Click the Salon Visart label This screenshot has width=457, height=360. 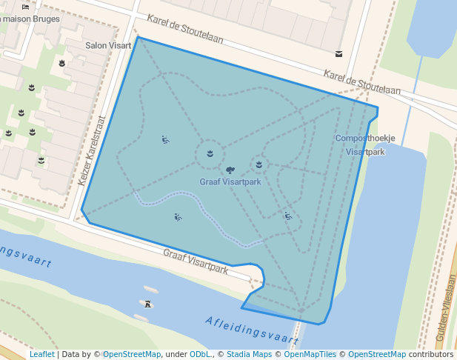click(x=107, y=45)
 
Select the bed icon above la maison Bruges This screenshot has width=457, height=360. click(x=27, y=6)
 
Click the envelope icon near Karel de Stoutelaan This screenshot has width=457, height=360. click(x=338, y=54)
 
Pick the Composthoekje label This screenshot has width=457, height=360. click(x=365, y=139)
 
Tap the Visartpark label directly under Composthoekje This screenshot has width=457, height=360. click(x=366, y=152)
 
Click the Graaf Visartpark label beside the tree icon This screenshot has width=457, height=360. click(x=230, y=181)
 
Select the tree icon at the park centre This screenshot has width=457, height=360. click(x=230, y=170)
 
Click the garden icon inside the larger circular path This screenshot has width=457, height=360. click(x=210, y=153)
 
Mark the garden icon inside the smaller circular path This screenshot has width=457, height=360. click(x=259, y=164)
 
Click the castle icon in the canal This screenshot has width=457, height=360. click(x=148, y=303)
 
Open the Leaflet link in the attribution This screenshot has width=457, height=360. click(x=41, y=354)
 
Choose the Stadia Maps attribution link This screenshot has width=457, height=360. click(x=249, y=354)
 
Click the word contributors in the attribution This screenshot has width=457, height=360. click(x=431, y=354)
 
